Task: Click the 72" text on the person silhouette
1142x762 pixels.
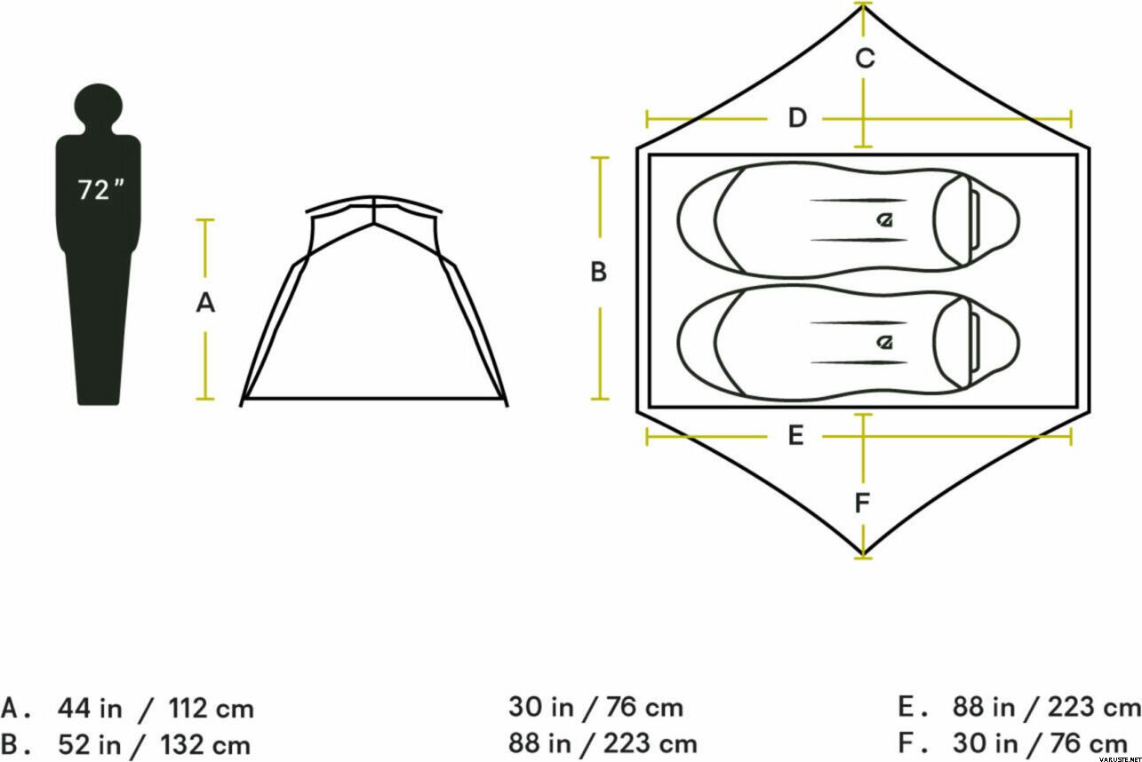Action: [100, 189]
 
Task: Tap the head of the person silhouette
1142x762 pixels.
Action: [99, 107]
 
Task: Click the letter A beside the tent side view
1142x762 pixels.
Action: [205, 303]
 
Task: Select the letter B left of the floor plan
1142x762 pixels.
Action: [598, 272]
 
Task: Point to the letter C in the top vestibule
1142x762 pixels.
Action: [866, 58]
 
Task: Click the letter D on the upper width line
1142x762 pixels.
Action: [797, 117]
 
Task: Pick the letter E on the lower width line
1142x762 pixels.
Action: [795, 435]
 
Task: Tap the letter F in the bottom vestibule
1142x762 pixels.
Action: [861, 504]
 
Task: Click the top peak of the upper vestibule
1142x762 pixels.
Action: [863, 7]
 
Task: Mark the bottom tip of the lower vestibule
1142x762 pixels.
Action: [863, 554]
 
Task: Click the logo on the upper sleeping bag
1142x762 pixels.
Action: [885, 220]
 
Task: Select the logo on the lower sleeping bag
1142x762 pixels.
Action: [885, 342]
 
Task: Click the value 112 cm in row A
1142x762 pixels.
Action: [211, 709]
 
